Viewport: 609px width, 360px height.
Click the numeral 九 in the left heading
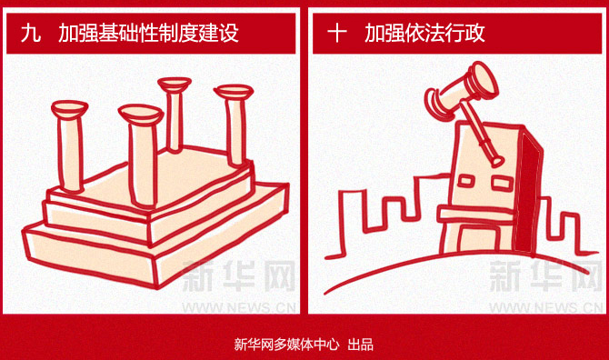pos(31,33)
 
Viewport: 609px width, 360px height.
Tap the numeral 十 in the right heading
pos(336,33)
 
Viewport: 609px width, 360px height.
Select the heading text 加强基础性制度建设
pos(148,33)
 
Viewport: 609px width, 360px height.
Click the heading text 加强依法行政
pos(424,33)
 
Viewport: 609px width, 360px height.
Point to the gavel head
pos(462,89)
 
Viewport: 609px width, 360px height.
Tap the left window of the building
pos(466,181)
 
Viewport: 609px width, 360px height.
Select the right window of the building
pos(504,184)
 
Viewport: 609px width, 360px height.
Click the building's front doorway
pos(478,239)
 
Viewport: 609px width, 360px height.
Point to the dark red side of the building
pos(527,195)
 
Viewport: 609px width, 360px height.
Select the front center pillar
pos(142,155)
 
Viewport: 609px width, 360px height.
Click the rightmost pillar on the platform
pos(235,125)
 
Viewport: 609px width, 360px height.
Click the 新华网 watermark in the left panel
pos(238,276)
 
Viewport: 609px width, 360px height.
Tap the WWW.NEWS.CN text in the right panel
pos(545,307)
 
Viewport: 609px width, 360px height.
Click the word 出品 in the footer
pos(361,345)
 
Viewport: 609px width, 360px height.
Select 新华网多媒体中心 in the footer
pos(286,345)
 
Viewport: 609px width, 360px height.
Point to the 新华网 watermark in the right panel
pos(545,276)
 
